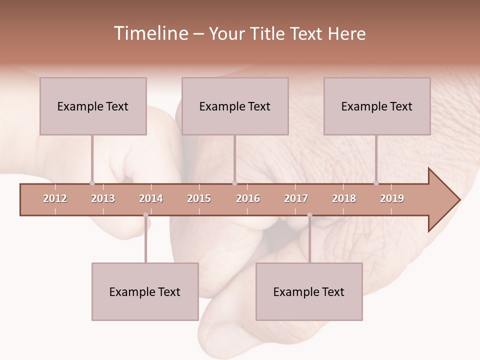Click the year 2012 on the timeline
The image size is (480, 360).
coord(55,198)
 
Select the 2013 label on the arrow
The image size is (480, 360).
coord(103,198)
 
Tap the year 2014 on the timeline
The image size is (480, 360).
coord(151,198)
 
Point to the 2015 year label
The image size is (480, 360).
coord(199,198)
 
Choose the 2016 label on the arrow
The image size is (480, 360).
coord(248,198)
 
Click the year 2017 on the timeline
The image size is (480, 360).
coord(296,198)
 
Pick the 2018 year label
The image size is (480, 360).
coord(344,198)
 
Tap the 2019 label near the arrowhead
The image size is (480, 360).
coord(392,198)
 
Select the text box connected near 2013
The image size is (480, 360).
coord(93,106)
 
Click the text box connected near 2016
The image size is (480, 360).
coord(235,106)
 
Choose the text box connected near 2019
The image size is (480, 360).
coord(377,106)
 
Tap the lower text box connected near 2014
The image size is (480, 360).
coord(145,291)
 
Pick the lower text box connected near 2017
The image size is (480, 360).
coord(309,291)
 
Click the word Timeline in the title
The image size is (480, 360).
coord(150,33)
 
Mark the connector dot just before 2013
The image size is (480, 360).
coord(92,183)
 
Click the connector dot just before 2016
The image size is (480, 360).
coord(234,183)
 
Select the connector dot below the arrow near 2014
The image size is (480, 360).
coord(145,215)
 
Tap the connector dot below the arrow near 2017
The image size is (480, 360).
coord(309,215)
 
